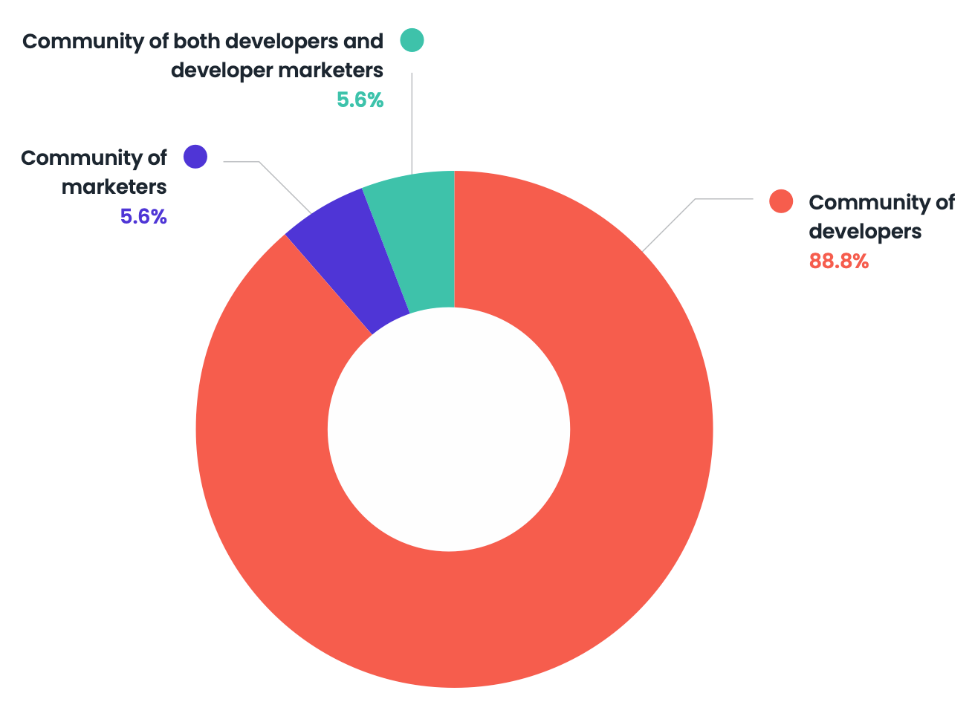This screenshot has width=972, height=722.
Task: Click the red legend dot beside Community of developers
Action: coord(781,201)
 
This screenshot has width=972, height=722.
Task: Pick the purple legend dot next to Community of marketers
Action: coord(195,157)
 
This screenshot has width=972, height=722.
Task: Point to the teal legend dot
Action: coord(412,40)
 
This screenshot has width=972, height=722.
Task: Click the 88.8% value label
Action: coord(838,261)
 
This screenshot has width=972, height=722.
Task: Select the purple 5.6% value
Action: coord(143,217)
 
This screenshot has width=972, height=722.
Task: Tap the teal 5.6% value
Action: coord(360,100)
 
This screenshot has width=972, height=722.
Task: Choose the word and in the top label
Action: coord(363,41)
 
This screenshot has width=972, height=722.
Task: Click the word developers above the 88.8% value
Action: coord(865,232)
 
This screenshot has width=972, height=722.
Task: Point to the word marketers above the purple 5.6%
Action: coord(114,186)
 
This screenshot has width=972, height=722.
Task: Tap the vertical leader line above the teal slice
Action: coord(412,119)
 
